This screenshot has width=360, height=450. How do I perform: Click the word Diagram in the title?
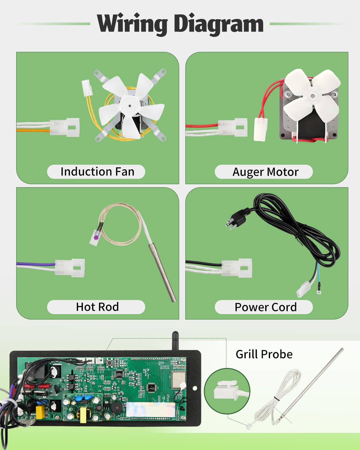coord(219,24)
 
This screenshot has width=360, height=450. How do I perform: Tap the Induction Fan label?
coord(97,172)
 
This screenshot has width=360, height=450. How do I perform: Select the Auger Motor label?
coord(265,172)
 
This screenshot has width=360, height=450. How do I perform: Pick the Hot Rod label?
coord(97,307)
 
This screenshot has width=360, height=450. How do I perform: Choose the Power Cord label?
coord(265,307)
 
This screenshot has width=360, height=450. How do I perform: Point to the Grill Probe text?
coord(264,354)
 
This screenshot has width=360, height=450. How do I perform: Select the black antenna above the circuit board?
coord(175,341)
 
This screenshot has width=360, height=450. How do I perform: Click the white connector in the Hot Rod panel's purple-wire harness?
coord(70,268)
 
